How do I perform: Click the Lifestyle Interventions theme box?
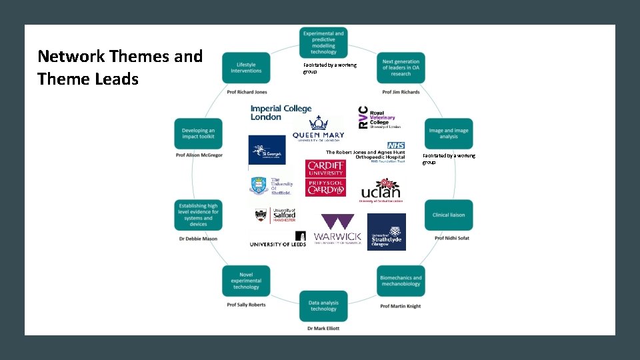tap(246, 68)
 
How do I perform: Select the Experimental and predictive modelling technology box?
tap(323, 42)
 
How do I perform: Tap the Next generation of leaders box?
tap(401, 68)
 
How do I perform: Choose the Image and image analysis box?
tap(449, 133)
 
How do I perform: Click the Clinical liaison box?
tap(449, 215)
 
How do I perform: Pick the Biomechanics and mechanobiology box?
tap(401, 281)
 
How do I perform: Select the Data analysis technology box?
tap(323, 306)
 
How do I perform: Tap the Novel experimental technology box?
tap(246, 281)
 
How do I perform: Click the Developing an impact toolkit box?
tap(198, 133)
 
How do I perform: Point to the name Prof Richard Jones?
tap(247, 91)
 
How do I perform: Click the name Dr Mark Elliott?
tap(323, 329)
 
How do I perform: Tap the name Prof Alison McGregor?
tap(198, 155)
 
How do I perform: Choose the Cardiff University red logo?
tap(325, 178)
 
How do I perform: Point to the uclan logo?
tap(381, 190)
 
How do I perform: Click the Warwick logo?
tap(338, 231)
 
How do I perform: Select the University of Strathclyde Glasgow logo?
tap(387, 232)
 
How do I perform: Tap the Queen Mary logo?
tap(319, 129)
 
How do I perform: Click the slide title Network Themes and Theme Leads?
tap(120, 67)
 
